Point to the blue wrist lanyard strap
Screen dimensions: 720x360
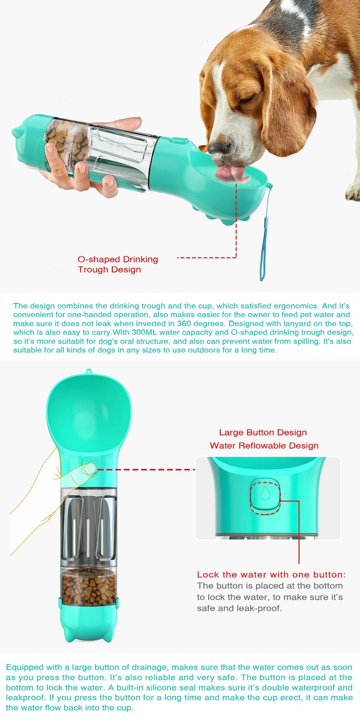point(264,239)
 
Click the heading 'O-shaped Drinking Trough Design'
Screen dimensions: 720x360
point(118,264)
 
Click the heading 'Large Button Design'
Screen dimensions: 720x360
point(263,432)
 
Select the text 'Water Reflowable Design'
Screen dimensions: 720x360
point(264,446)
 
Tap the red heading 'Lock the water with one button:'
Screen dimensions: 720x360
point(271,575)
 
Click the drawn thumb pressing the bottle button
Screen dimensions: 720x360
point(86,469)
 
